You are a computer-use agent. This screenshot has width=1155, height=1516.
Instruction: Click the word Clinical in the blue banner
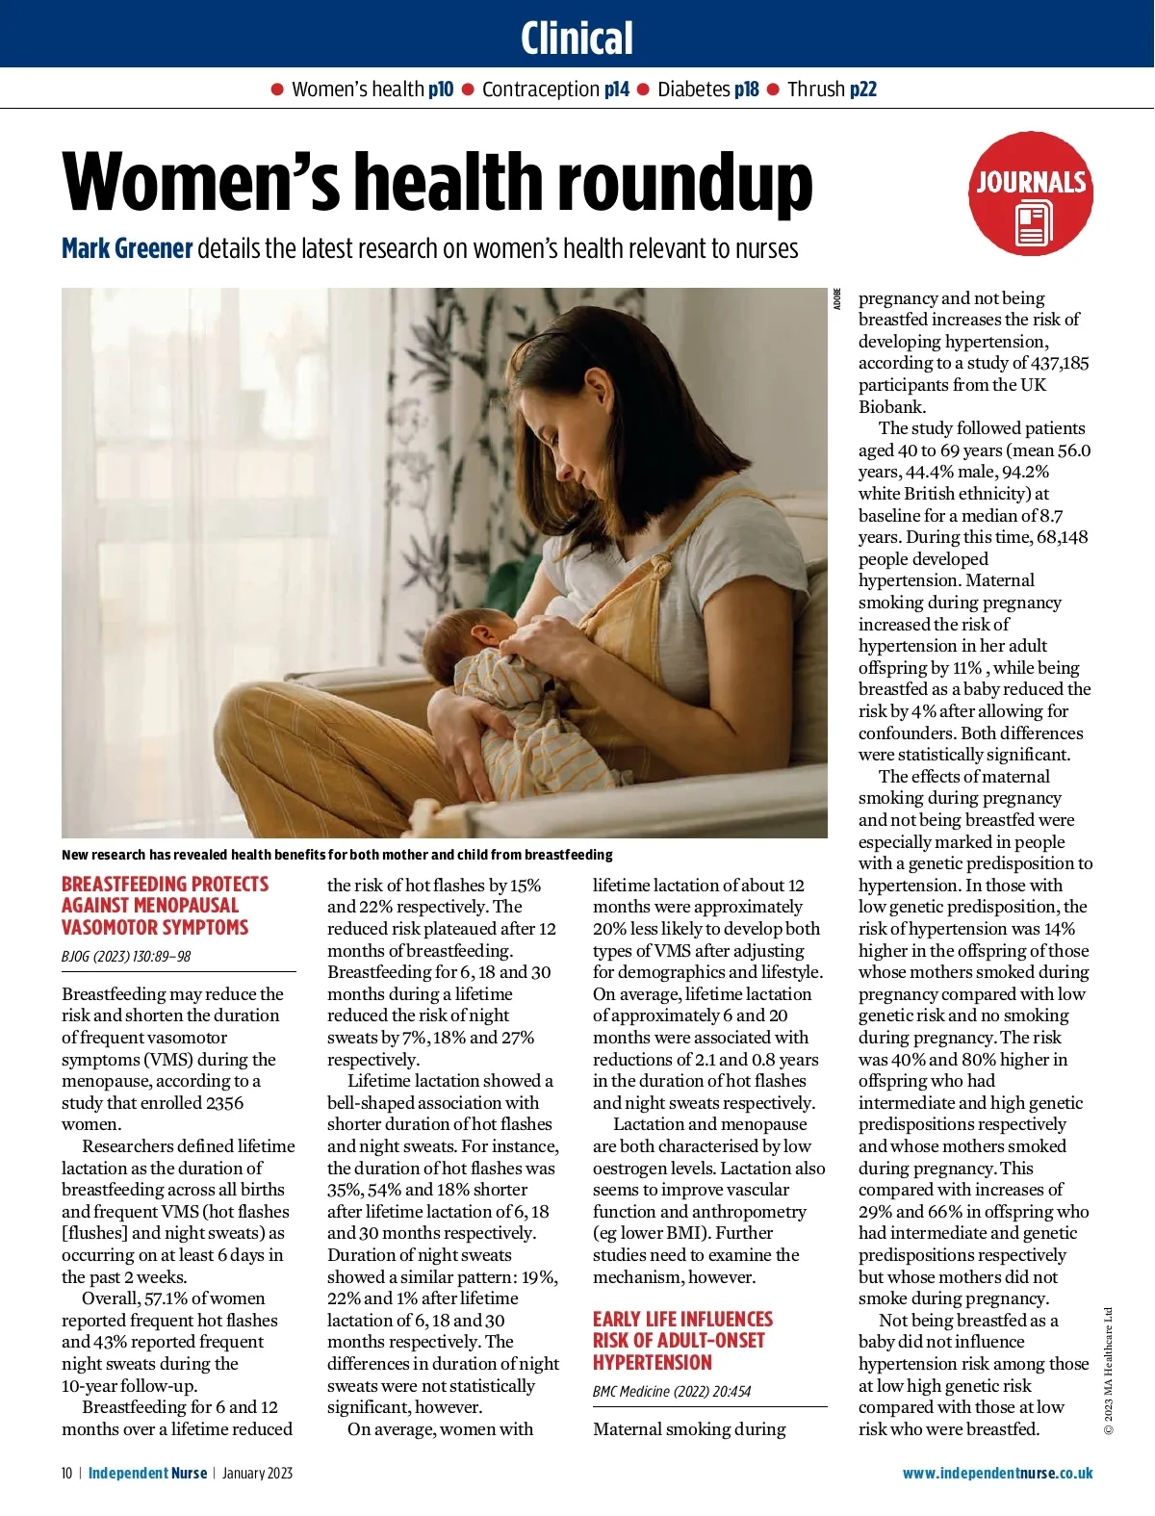577,39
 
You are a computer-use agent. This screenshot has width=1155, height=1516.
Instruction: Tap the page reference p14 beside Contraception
616,90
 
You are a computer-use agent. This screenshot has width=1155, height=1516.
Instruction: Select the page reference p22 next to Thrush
862,90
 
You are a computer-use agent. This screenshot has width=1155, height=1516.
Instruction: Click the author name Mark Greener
127,248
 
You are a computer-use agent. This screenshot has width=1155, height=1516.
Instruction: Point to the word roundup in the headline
684,183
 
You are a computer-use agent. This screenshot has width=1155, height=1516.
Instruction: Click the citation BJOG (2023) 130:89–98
126,957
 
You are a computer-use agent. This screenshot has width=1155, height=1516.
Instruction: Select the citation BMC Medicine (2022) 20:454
672,1392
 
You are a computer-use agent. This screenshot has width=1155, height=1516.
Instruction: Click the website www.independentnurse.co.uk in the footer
997,1474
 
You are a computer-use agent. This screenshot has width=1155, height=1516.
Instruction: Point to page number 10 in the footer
66,1474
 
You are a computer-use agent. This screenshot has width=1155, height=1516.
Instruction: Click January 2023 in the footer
257,1474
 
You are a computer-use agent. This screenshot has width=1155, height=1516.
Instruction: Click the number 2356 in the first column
223,1103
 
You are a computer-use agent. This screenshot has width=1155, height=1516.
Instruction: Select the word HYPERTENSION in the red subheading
652,1363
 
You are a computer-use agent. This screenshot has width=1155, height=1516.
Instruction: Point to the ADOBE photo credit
837,298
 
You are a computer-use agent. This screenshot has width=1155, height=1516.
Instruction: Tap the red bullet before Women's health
277,90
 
